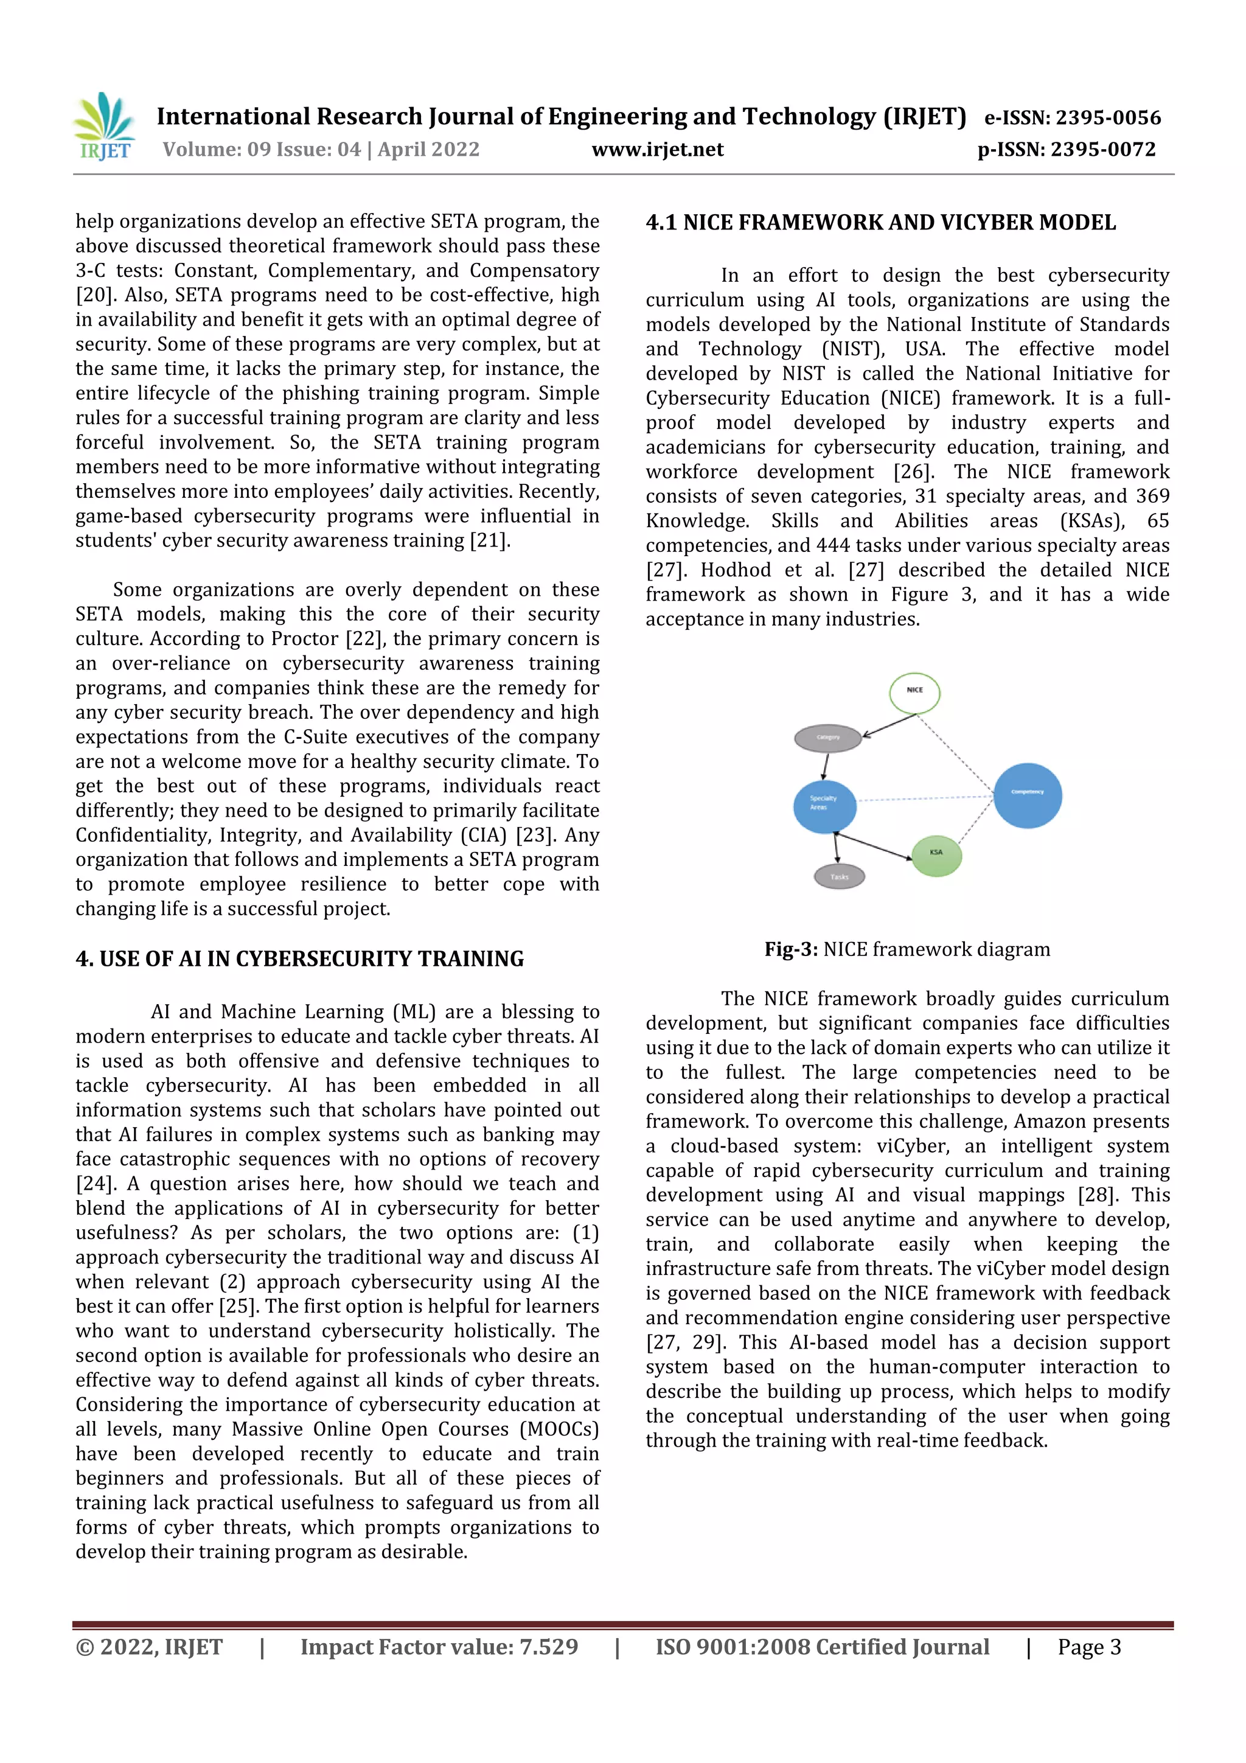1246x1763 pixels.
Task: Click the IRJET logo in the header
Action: pos(103,126)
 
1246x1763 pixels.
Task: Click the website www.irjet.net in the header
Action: pos(657,149)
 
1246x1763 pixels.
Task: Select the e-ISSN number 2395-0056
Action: pos(1108,117)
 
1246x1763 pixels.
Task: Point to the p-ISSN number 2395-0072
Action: pos(1102,149)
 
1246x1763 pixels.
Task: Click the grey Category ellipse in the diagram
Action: pos(827,738)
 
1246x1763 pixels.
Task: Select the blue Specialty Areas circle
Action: pos(824,806)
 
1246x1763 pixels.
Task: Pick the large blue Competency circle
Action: pos(1027,795)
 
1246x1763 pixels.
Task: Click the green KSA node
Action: pos(936,854)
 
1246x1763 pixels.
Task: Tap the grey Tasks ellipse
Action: pos(839,877)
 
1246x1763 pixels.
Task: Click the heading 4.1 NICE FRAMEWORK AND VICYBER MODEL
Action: pos(880,223)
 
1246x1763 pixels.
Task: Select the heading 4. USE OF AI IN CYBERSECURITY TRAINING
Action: pos(299,959)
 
